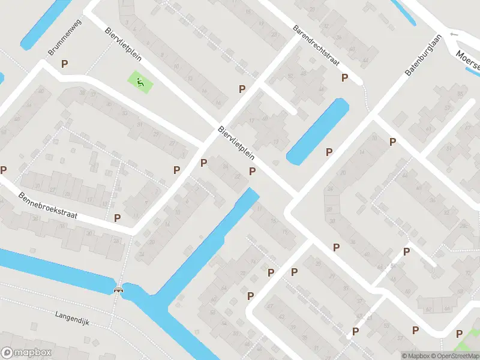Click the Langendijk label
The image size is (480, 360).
pyautogui.click(x=72, y=318)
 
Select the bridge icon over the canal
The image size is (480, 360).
pyautogui.click(x=119, y=290)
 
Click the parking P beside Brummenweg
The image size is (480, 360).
pyautogui.click(x=65, y=63)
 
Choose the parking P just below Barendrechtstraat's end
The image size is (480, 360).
pyautogui.click(x=345, y=77)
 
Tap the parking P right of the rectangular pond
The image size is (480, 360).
pyautogui.click(x=329, y=152)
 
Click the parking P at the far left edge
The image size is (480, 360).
pyautogui.click(x=3, y=170)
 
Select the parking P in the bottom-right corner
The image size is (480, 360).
pyautogui.click(x=459, y=334)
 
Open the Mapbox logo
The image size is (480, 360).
pyautogui.click(x=26, y=353)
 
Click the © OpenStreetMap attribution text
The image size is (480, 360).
pyautogui.click(x=456, y=356)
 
